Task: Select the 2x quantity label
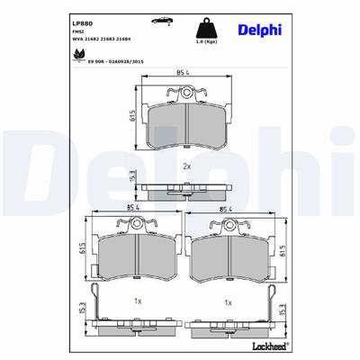tap(186, 166)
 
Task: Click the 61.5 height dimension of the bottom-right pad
tap(283, 253)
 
